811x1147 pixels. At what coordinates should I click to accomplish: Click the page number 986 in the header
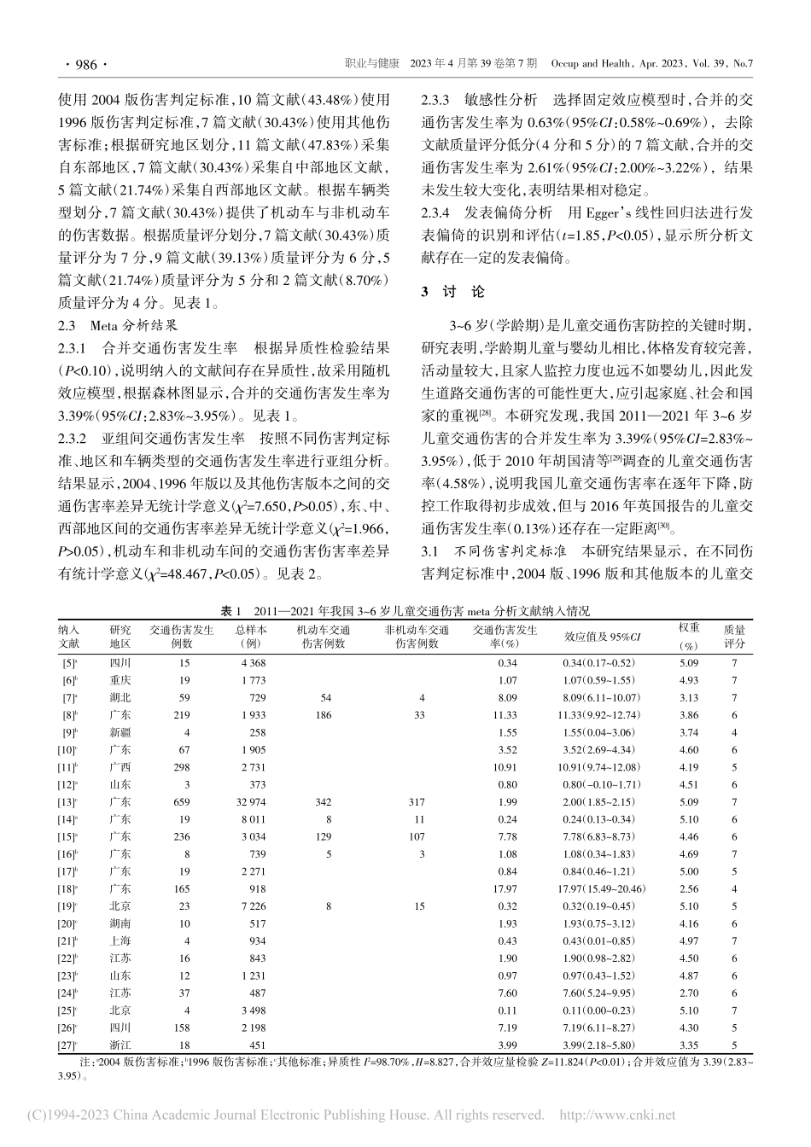[x=83, y=64]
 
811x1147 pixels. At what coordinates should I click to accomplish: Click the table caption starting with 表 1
[x=405, y=612]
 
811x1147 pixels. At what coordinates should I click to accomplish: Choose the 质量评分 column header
[x=734, y=637]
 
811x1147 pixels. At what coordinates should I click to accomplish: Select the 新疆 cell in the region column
[x=120, y=733]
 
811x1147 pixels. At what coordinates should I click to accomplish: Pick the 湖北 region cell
[x=120, y=697]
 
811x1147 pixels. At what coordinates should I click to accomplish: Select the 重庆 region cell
[x=120, y=680]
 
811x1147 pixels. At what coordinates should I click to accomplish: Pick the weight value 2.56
[x=688, y=889]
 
